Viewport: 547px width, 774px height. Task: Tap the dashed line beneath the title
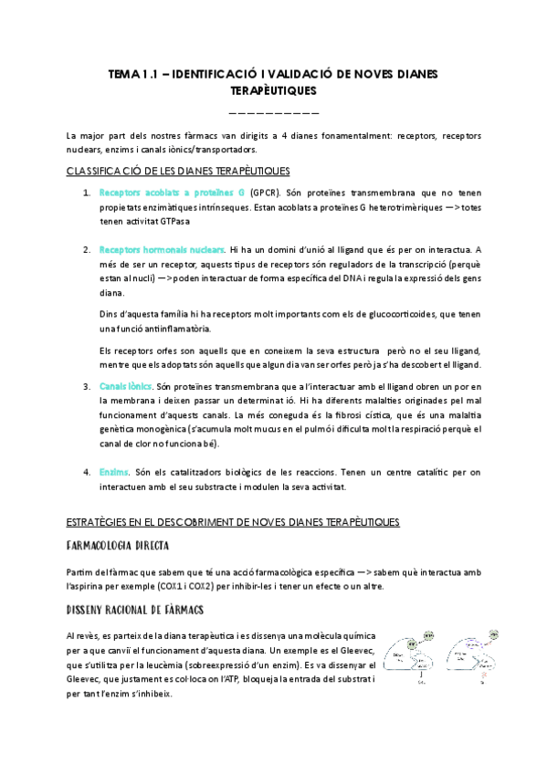click(x=273, y=113)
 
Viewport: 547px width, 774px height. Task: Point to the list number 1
click(x=87, y=193)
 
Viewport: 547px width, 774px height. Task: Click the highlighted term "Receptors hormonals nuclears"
click(x=162, y=249)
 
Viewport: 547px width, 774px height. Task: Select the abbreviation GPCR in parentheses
click(x=265, y=193)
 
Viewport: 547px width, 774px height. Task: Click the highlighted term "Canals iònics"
click(x=125, y=387)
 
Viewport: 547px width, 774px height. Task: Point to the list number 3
click(x=87, y=387)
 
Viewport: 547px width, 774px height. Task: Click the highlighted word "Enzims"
click(x=114, y=472)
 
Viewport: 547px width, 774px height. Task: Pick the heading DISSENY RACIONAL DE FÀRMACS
click(x=134, y=609)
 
